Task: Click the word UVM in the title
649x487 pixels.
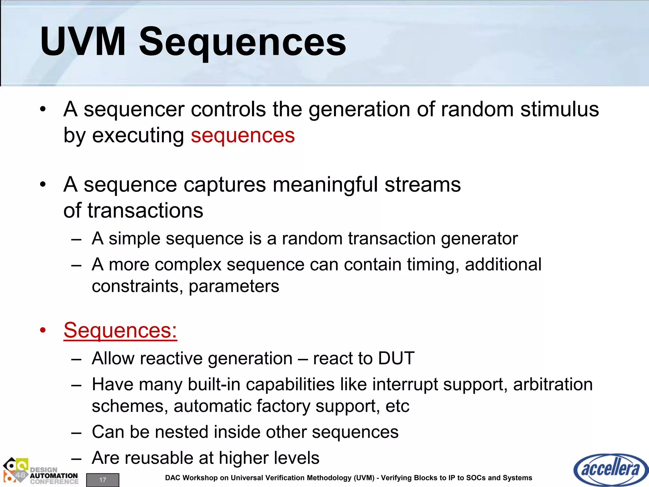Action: (x=83, y=42)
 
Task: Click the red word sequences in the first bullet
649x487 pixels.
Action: (x=243, y=136)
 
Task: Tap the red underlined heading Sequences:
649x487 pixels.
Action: (x=120, y=330)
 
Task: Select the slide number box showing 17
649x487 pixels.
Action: (x=103, y=480)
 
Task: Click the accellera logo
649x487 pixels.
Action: (x=610, y=469)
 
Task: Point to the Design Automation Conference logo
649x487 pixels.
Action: (x=41, y=471)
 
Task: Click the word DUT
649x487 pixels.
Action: (x=396, y=359)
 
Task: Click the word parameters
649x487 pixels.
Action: (x=234, y=287)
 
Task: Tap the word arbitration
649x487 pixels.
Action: (x=553, y=385)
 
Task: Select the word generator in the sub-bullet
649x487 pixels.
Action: (x=479, y=239)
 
